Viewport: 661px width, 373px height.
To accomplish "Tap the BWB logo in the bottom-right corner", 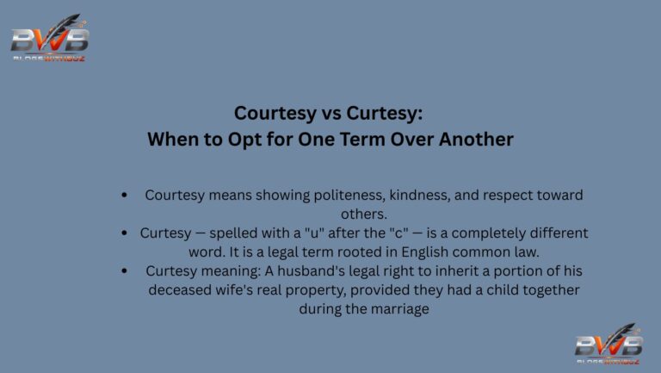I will coord(608,345).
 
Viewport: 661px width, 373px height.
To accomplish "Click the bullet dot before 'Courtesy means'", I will coord(126,196).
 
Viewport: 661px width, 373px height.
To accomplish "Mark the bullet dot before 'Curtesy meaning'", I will coord(126,271).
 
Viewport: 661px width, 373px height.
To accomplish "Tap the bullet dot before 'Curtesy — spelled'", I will coord(126,233).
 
